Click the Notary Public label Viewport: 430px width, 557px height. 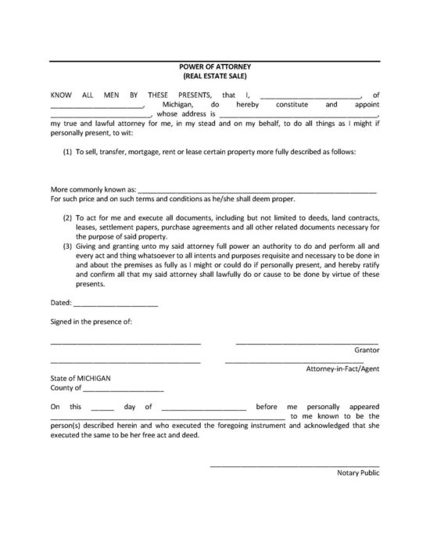click(358, 473)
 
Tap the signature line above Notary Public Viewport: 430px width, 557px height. click(295, 466)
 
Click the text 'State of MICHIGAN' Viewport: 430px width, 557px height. click(81, 378)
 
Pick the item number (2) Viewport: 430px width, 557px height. click(68, 215)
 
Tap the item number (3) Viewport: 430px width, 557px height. click(68, 245)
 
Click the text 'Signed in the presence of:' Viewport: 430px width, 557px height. click(91, 321)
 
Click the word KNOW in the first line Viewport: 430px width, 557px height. click(61, 95)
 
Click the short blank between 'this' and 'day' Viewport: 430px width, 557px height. click(102, 408)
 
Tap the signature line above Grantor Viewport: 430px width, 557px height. click(307, 343)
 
